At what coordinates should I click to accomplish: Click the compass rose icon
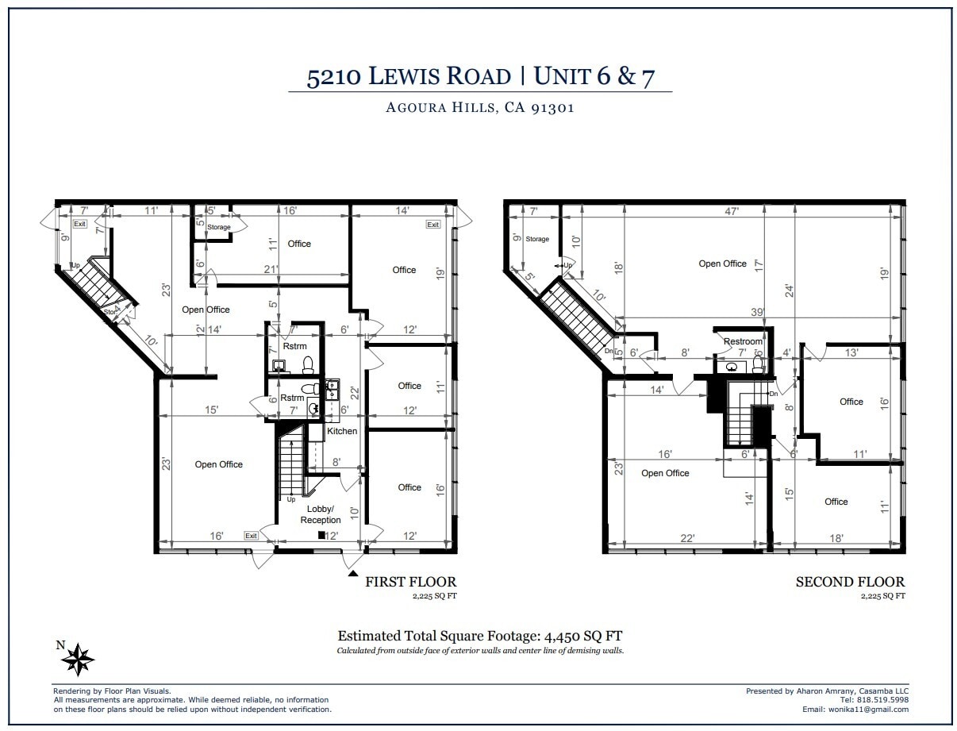click(x=78, y=658)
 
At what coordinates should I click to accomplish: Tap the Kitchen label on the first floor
click(x=342, y=431)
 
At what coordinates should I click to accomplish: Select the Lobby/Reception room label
click(x=320, y=514)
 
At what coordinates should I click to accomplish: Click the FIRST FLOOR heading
click(x=410, y=582)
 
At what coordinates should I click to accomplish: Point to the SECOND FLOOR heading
click(x=850, y=582)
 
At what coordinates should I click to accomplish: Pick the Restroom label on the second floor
click(x=742, y=342)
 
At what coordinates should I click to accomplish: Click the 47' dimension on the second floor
click(x=732, y=212)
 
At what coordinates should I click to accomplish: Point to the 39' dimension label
click(x=758, y=313)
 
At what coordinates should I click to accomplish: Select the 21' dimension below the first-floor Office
click(x=271, y=270)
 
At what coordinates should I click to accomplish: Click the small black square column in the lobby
click(x=321, y=535)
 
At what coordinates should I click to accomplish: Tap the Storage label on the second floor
click(x=537, y=239)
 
